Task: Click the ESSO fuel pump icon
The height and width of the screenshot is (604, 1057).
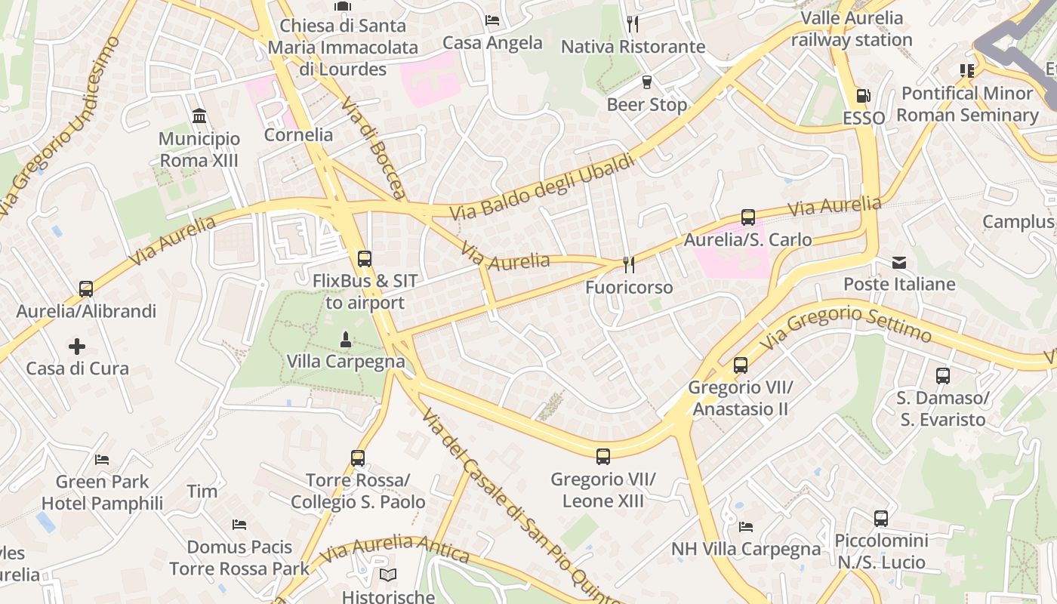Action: pyautogui.click(x=863, y=96)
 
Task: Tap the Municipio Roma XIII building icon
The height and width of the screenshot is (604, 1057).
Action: pyautogui.click(x=199, y=116)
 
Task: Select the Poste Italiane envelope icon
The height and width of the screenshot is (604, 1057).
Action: pyautogui.click(x=899, y=263)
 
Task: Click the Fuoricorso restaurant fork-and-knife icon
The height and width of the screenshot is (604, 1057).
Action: pyautogui.click(x=628, y=264)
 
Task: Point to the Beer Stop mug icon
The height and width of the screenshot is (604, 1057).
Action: pyautogui.click(x=646, y=82)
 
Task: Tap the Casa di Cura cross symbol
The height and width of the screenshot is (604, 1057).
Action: pyautogui.click(x=77, y=347)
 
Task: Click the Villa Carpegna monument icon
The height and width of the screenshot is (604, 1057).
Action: pyautogui.click(x=346, y=340)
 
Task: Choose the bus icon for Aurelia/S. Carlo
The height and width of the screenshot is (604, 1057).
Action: pyautogui.click(x=747, y=217)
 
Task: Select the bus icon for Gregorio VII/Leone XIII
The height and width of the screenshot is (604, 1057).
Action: pyautogui.click(x=602, y=456)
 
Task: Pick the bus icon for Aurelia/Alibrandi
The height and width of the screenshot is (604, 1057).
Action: pyautogui.click(x=86, y=288)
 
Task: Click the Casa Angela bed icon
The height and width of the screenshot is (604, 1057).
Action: pyautogui.click(x=492, y=20)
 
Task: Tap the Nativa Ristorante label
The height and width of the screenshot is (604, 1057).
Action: pyautogui.click(x=633, y=47)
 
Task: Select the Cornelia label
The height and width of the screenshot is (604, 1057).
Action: pyautogui.click(x=298, y=134)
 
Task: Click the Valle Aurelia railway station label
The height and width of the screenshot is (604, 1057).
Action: pyautogui.click(x=852, y=29)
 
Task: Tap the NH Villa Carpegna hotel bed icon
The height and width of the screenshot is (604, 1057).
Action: pyautogui.click(x=746, y=526)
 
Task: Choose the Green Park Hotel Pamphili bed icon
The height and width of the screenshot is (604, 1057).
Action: pyautogui.click(x=102, y=459)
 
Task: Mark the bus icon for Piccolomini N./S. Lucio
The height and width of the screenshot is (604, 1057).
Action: pyautogui.click(x=880, y=519)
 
